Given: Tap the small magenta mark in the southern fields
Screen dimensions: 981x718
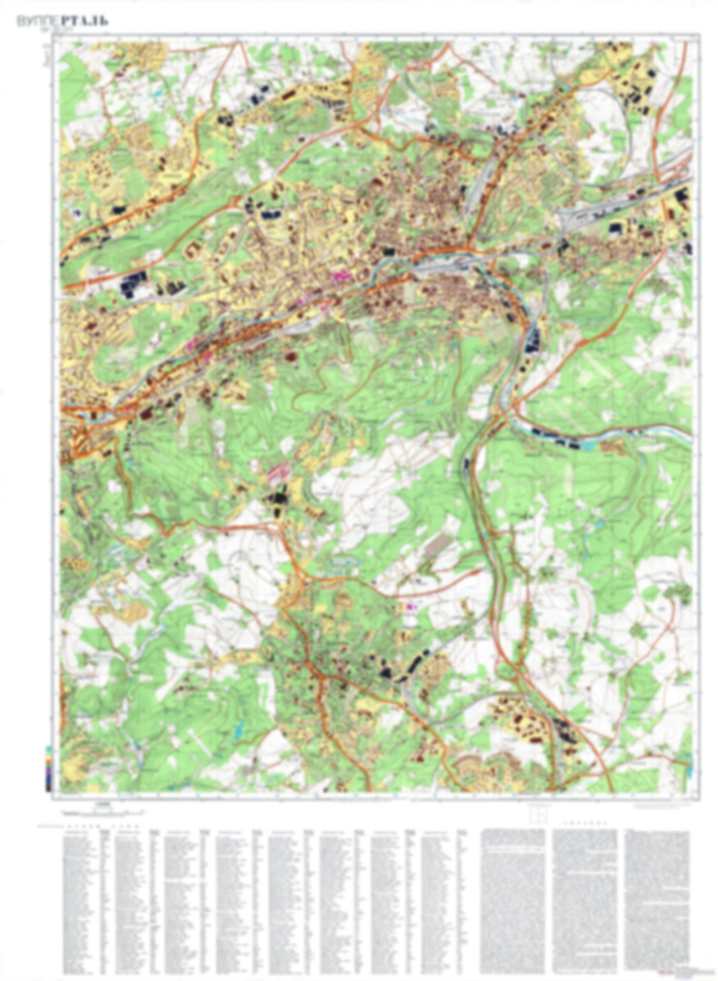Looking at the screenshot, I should pyautogui.click(x=410, y=606).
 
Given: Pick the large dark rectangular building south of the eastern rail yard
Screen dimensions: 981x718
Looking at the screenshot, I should pyautogui.click(x=615, y=227).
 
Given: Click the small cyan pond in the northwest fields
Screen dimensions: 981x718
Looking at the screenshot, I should pyautogui.click(x=158, y=92).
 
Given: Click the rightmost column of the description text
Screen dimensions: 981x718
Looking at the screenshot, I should pyautogui.click(x=657, y=899).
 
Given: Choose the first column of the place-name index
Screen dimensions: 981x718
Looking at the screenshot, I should pyautogui.click(x=80, y=899).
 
